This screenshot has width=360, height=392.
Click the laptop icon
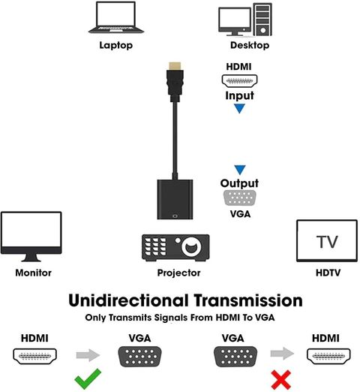[116, 17]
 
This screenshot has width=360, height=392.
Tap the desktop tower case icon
[262, 20]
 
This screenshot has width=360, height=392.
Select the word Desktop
[250, 45]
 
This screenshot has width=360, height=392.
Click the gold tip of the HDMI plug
[175, 66]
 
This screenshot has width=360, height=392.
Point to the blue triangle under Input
[239, 108]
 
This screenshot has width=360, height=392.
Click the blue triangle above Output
[240, 170]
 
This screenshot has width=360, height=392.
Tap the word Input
[239, 95]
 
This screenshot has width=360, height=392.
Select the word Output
[239, 183]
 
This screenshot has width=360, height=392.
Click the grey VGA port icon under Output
[239, 198]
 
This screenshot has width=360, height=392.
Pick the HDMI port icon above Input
[239, 81]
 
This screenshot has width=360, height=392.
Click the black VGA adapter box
[175, 200]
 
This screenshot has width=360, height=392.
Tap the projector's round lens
[191, 246]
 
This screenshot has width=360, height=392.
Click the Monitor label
[34, 273]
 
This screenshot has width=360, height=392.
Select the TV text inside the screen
[327, 242]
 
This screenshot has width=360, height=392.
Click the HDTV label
[328, 273]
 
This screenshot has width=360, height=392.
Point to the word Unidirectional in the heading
[128, 300]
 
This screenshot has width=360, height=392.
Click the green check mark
[88, 378]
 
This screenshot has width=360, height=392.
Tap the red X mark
[281, 380]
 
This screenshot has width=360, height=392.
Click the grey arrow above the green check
[88, 355]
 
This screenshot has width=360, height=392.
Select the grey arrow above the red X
[282, 354]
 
